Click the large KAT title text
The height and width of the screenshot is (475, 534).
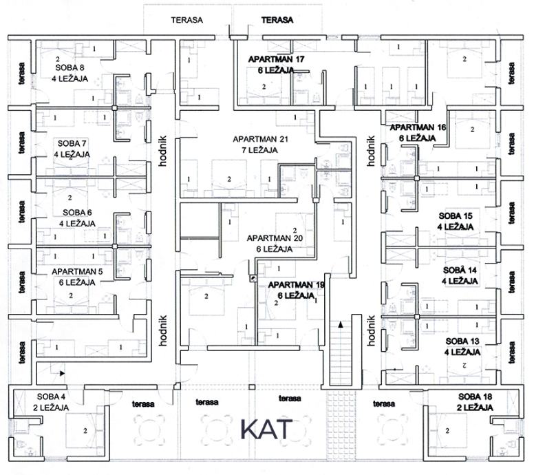point(267,430)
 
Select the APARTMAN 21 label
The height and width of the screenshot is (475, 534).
point(261,139)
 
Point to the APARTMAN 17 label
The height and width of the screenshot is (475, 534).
point(276,59)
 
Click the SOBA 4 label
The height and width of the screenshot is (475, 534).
point(51,397)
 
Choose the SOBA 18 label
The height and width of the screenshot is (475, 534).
point(475,397)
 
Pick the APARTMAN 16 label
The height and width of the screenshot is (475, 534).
point(418,127)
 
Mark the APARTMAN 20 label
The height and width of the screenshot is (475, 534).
point(275,238)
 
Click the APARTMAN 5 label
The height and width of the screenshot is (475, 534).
point(77,272)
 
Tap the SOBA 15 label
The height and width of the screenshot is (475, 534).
point(456,215)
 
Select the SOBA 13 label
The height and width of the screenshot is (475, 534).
point(462,341)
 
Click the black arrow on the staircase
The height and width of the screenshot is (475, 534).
point(340,324)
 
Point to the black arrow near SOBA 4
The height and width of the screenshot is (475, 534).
point(63,373)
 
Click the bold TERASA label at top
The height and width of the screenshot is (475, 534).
point(277,20)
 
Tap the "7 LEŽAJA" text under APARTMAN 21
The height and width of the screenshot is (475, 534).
point(260,150)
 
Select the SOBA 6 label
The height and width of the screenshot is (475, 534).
point(77,213)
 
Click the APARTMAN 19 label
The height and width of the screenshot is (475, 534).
point(297,285)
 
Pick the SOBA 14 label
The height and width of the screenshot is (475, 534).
point(460,271)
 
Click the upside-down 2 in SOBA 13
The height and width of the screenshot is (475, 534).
point(464,366)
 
